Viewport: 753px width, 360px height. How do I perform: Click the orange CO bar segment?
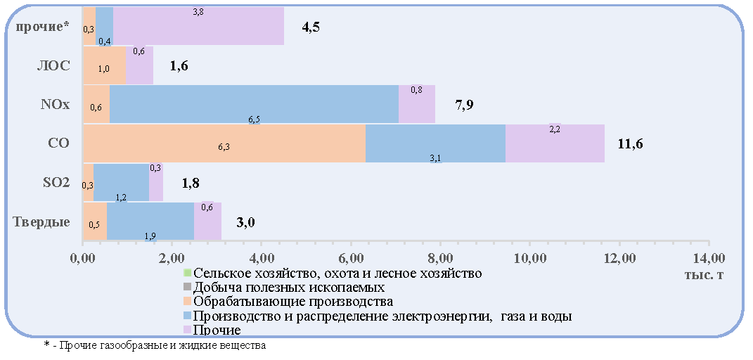(x=224, y=143)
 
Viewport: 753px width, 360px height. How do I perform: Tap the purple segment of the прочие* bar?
(x=198, y=26)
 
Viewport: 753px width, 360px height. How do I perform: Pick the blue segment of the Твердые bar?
(x=150, y=221)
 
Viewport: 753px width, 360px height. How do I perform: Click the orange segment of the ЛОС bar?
(x=104, y=65)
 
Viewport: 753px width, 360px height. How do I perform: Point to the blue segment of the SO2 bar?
(x=121, y=182)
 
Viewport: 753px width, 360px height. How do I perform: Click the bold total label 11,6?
(x=630, y=143)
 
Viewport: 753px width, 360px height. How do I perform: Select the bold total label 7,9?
(x=464, y=105)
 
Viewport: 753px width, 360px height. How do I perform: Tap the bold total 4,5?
(x=311, y=27)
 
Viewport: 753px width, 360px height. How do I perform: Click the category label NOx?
(x=56, y=105)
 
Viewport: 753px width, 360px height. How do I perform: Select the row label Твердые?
(x=41, y=222)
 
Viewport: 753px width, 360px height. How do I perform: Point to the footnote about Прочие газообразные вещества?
(x=155, y=345)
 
